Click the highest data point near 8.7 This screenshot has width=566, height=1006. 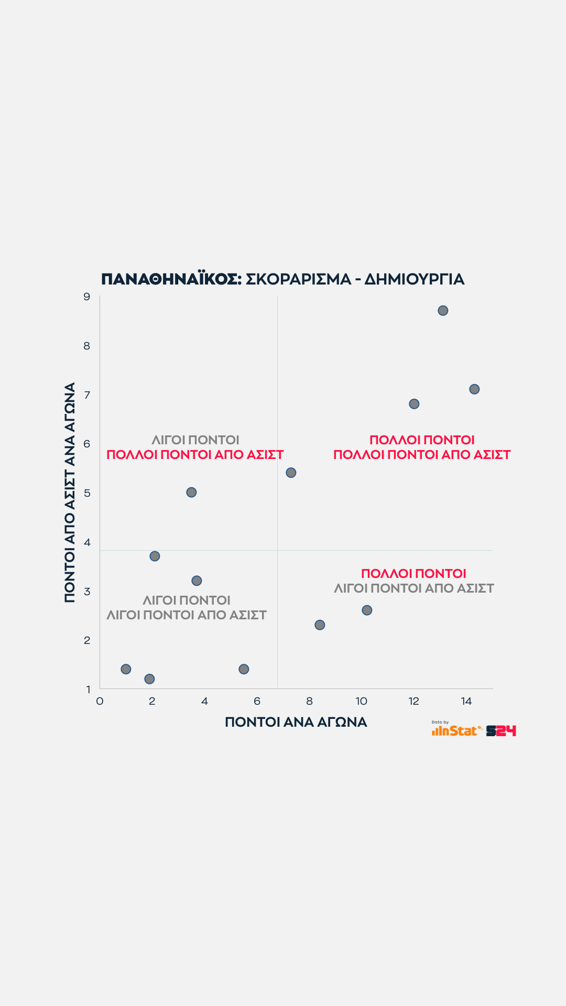tap(443, 311)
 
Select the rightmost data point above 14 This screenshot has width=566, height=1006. tap(474, 389)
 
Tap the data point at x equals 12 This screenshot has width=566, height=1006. tap(414, 404)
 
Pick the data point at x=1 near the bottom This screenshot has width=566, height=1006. tap(126, 669)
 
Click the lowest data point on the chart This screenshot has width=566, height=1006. tap(149, 679)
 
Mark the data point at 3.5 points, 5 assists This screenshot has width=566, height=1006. tap(191, 493)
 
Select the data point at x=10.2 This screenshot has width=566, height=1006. tap(367, 610)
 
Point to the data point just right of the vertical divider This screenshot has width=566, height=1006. tap(291, 473)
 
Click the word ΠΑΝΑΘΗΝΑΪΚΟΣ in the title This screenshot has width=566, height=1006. tap(171, 279)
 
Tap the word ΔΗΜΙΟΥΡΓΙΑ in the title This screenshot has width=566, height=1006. tap(414, 279)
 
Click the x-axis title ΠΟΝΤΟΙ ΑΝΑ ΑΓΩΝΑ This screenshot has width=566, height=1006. tap(296, 723)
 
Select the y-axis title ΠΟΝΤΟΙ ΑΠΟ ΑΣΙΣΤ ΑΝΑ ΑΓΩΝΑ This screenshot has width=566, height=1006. tap(70, 493)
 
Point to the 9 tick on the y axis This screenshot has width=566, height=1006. tap(87, 297)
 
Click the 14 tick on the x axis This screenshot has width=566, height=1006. tap(466, 702)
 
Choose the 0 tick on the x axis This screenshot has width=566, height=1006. tap(100, 702)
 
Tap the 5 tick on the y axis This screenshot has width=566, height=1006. tap(87, 493)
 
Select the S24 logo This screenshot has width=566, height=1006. tap(501, 731)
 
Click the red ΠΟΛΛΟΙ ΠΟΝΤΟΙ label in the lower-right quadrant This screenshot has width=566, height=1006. tap(413, 574)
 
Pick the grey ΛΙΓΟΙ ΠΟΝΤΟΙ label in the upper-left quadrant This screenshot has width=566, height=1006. tap(195, 440)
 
